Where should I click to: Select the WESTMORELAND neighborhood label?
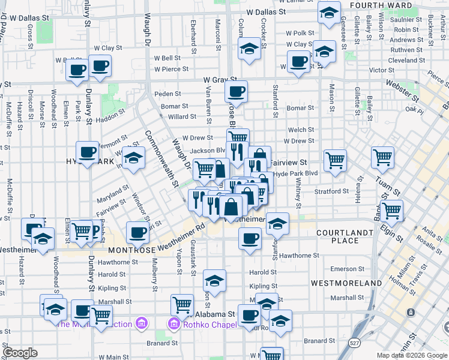[x=346, y=282]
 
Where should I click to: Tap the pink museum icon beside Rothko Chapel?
[x=173, y=325]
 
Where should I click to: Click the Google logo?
[x=20, y=353]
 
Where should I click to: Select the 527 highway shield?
[x=355, y=341]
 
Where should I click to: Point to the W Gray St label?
[x=220, y=79]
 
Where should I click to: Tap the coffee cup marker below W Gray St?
[x=236, y=92]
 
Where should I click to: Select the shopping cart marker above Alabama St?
[x=182, y=304]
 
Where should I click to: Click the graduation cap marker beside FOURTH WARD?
[x=329, y=13]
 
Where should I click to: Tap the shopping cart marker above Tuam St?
[x=382, y=158]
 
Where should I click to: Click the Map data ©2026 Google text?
[x=411, y=355]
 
